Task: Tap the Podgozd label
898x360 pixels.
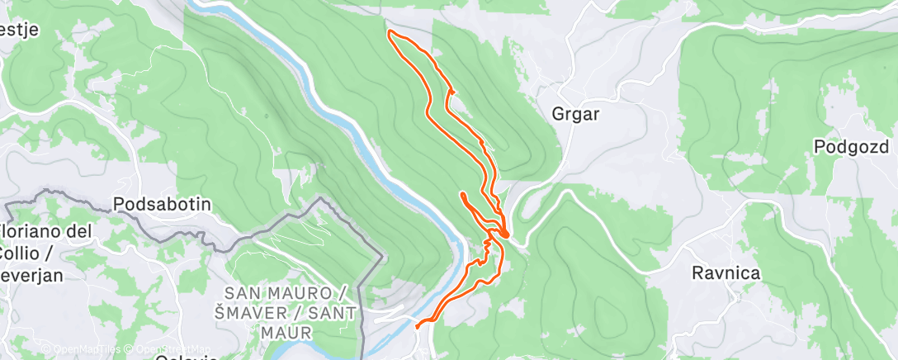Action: [850, 147]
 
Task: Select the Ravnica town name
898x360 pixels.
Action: [726, 272]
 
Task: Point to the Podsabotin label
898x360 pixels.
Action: [163, 204]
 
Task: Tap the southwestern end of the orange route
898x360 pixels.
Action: [418, 326]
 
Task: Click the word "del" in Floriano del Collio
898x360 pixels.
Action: [79, 232]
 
